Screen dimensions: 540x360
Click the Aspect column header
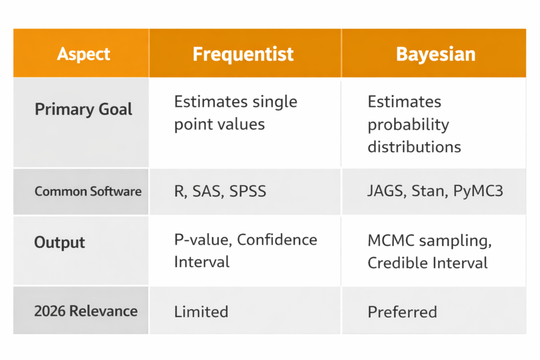[x=84, y=54]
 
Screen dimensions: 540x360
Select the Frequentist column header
[x=243, y=54]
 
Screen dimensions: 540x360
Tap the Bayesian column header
[x=436, y=54]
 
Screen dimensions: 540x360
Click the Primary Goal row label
[x=83, y=110]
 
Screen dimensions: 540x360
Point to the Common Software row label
[x=88, y=191]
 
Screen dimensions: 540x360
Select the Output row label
[x=60, y=242]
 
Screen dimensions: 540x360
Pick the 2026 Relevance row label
[x=86, y=311]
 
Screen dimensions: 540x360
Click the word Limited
[x=201, y=312]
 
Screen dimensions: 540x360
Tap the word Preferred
[x=402, y=312]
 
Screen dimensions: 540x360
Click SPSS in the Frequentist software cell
[x=248, y=191]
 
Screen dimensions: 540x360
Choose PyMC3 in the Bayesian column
[x=478, y=191]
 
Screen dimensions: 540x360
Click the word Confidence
[x=277, y=240]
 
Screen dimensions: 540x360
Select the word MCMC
[x=391, y=240]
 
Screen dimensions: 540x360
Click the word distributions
[x=414, y=147]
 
